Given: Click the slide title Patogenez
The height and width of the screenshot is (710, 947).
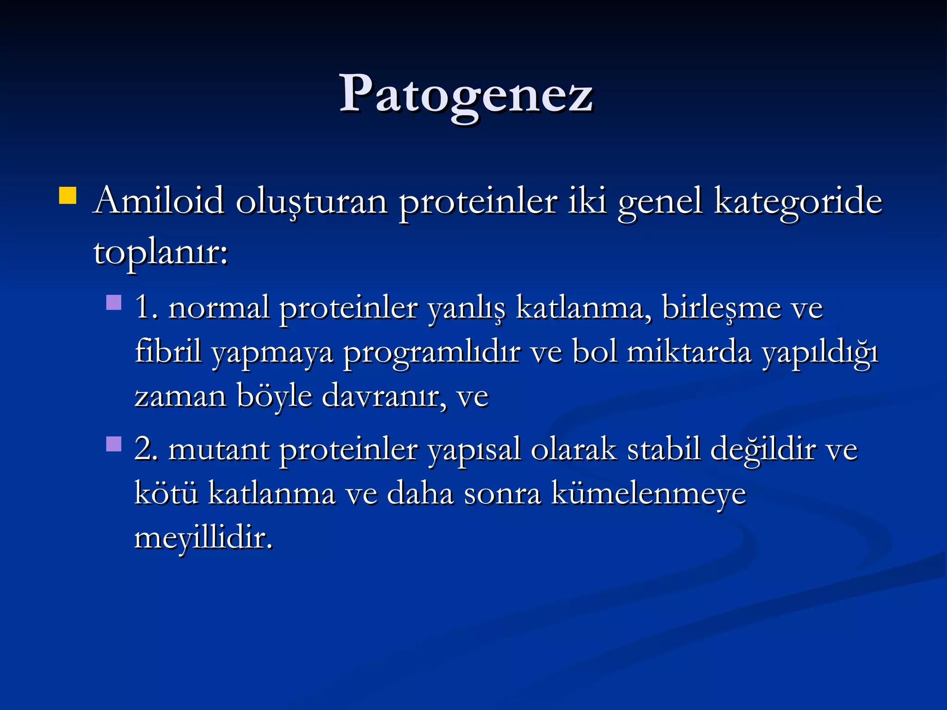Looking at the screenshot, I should point(466,95).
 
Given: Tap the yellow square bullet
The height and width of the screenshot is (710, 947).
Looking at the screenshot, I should point(68,195).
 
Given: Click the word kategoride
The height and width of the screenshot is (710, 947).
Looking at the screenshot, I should point(798,202).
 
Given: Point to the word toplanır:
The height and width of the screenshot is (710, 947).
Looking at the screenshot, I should point(161,253).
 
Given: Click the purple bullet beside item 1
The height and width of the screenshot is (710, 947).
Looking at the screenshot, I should point(114,303).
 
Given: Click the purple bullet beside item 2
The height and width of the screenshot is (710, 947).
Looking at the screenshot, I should point(114,444).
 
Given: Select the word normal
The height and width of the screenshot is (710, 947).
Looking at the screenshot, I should point(219,308).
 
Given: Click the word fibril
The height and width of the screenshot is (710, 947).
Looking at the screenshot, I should point(168,352).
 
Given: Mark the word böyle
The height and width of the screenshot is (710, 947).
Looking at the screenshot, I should point(274,397).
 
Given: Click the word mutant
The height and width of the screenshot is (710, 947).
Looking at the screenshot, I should point(219,450).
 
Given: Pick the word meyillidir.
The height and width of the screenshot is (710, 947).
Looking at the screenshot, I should point(203,538).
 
